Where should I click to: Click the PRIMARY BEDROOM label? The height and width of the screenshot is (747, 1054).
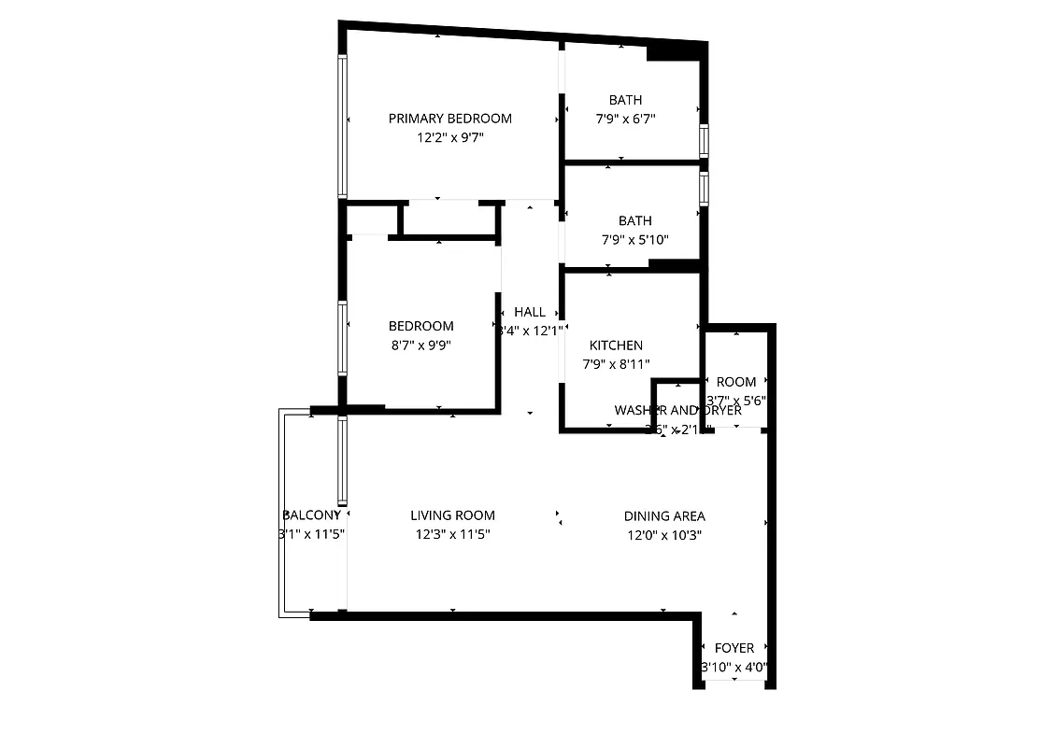(x=449, y=119)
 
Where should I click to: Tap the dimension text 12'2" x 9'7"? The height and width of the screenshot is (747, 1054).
(x=449, y=137)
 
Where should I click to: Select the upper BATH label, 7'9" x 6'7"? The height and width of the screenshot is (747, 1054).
(x=625, y=100)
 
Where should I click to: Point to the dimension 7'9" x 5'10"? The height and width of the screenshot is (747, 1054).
(x=634, y=240)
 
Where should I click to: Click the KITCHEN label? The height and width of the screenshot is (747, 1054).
(x=616, y=345)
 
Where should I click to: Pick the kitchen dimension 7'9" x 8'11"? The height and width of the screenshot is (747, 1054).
(x=616, y=364)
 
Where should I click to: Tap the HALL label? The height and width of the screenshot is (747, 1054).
(x=530, y=312)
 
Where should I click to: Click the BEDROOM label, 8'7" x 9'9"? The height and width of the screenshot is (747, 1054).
(x=420, y=326)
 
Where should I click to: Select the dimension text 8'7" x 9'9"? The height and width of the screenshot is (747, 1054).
(x=420, y=345)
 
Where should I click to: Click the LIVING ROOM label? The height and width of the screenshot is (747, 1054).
(x=452, y=515)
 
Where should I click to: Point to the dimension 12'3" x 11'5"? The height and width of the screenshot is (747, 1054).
(x=452, y=535)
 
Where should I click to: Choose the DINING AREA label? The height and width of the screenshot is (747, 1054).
(x=664, y=516)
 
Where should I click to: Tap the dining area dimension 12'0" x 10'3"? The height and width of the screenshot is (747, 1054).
(x=664, y=535)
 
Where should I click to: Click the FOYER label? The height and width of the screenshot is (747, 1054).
(x=734, y=648)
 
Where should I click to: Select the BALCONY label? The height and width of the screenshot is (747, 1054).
(x=310, y=515)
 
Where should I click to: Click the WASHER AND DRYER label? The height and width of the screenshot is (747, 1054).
(x=677, y=411)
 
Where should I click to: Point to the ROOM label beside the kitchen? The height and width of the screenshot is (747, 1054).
(x=736, y=382)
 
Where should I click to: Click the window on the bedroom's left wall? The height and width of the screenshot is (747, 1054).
(x=343, y=337)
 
